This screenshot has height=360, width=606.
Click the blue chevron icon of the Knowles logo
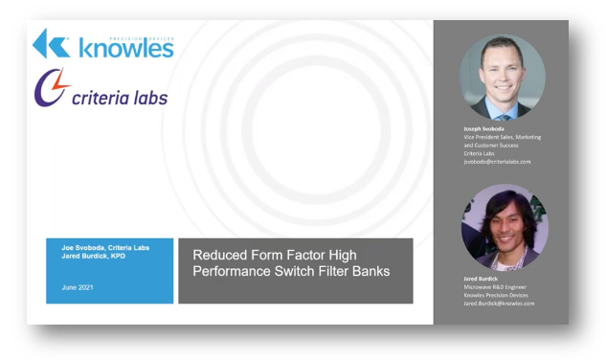50,43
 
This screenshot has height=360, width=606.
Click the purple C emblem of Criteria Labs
53,89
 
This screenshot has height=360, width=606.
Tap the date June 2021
76,286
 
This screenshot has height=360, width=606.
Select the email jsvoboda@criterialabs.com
498,162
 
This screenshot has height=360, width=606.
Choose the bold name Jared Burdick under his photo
480,278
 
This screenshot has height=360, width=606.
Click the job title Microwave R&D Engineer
494,286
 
